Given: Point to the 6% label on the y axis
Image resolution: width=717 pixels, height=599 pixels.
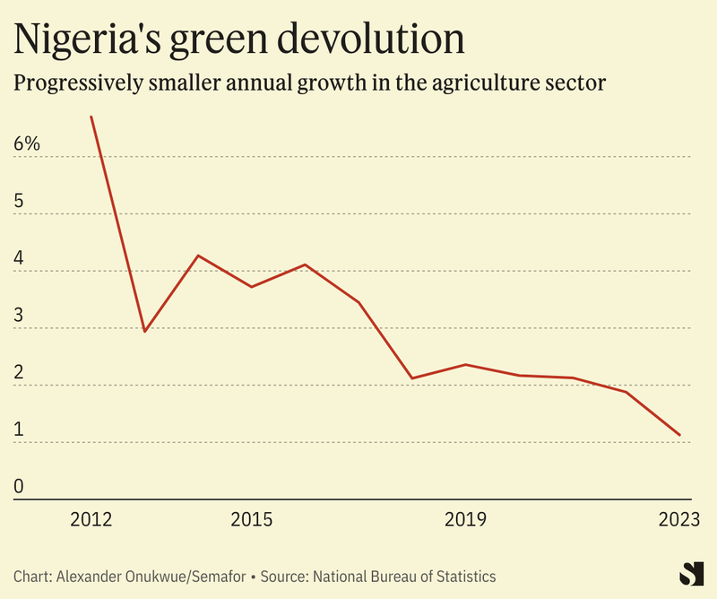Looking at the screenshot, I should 27,143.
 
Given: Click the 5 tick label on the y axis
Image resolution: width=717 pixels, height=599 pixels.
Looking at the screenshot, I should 19,201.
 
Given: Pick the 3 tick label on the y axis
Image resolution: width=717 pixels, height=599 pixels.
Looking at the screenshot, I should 19,316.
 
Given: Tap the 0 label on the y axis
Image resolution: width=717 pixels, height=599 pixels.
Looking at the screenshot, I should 19,488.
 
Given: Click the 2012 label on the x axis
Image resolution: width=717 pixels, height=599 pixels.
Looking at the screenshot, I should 91,520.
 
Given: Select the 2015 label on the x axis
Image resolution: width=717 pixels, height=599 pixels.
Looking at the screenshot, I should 252,520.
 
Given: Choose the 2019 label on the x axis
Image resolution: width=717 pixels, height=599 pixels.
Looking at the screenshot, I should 465,520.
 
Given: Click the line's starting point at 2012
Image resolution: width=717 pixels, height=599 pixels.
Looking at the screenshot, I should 91,117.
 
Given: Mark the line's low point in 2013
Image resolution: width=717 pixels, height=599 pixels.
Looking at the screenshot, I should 144,331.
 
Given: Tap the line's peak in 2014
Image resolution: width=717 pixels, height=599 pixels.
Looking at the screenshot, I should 198,256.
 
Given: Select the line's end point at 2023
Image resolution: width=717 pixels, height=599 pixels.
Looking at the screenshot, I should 680,435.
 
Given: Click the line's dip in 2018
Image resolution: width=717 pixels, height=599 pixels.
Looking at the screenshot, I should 411,378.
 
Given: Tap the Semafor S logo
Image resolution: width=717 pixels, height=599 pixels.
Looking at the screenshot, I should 688,574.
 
